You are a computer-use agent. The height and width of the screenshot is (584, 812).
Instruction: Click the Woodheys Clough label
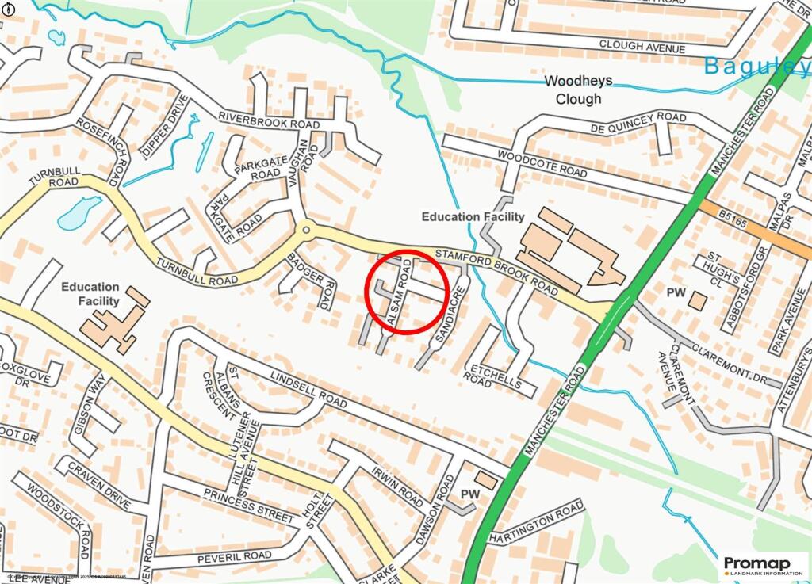[x=573, y=90]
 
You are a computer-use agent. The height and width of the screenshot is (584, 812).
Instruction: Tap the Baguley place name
[x=757, y=67]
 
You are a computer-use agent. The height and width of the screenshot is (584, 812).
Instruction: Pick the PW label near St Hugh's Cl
[x=676, y=293]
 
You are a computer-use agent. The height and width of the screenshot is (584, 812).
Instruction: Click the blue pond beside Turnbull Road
[x=79, y=212]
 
